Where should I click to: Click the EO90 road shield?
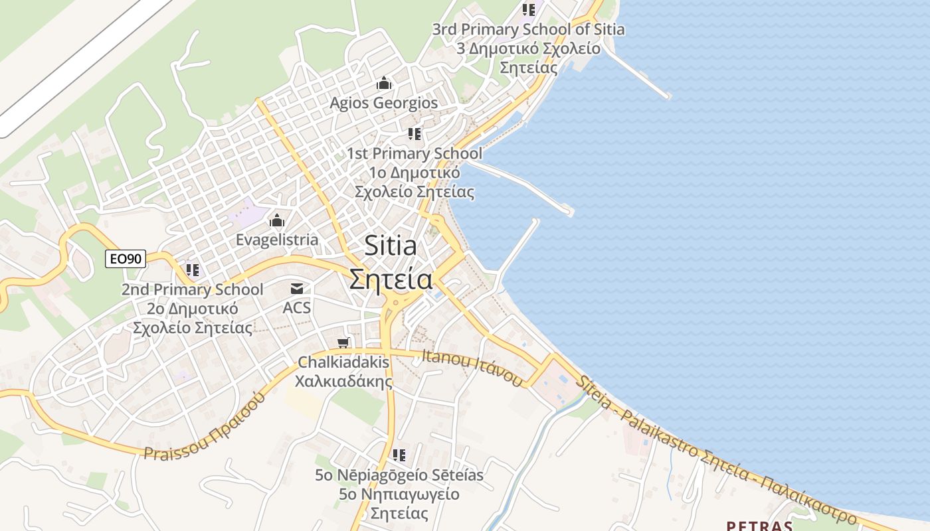126,259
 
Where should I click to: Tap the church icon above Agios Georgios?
384,84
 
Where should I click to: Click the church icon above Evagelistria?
277,221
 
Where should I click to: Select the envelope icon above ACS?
296,289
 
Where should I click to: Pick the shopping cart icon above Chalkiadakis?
343,343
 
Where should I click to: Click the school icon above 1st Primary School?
415,134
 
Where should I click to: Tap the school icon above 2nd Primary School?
193,270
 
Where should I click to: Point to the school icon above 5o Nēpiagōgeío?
399,455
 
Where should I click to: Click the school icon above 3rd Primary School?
529,10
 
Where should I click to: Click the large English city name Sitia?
391,246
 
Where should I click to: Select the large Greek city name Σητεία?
391,279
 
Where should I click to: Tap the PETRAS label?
759,526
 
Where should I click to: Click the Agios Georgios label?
384,103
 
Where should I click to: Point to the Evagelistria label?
277,240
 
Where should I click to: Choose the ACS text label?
296,308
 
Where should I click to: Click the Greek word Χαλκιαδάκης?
343,382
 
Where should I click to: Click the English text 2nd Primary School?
192,289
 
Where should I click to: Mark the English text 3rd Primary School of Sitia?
528,29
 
